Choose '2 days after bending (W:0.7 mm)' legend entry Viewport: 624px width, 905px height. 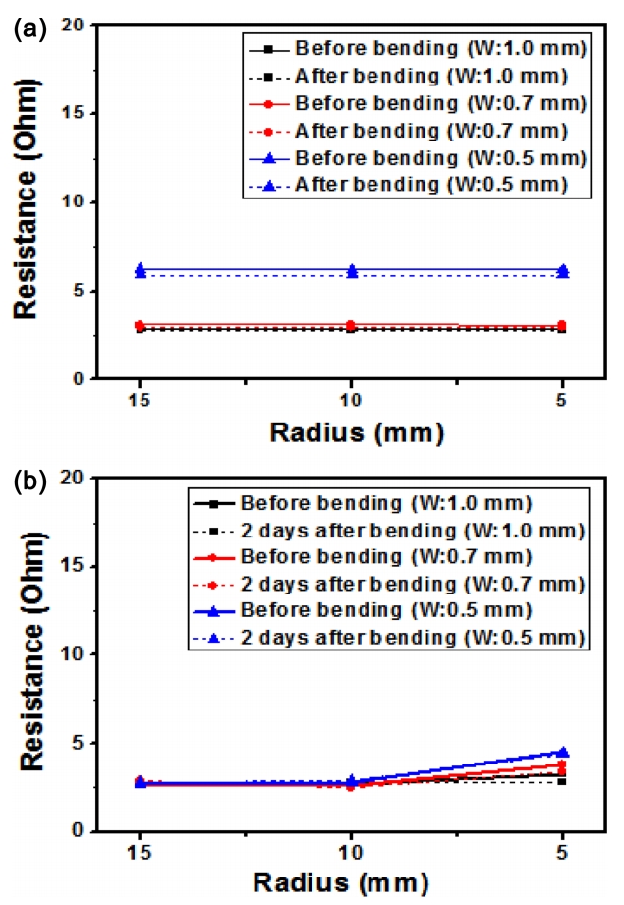(413, 585)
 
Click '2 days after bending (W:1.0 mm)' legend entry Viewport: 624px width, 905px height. (413, 532)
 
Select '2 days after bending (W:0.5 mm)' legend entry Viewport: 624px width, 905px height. (413, 638)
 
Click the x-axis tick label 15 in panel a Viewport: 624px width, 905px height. (141, 401)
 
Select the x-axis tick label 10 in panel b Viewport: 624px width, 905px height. (352, 853)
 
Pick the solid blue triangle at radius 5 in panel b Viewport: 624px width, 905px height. (563, 752)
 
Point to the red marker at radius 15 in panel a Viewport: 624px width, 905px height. (141, 325)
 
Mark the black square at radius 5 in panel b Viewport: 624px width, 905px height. (563, 781)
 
